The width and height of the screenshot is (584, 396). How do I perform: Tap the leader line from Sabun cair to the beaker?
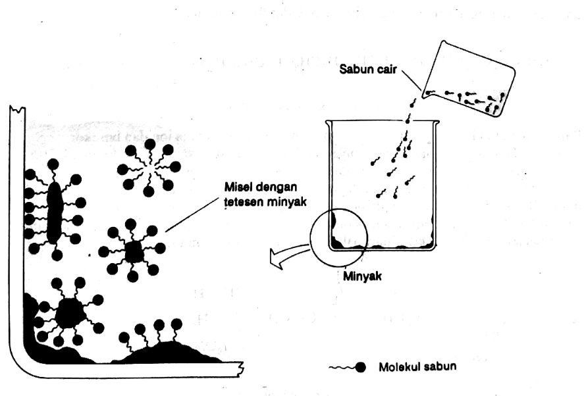point(414,82)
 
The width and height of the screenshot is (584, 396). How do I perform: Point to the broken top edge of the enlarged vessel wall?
point(17,108)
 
